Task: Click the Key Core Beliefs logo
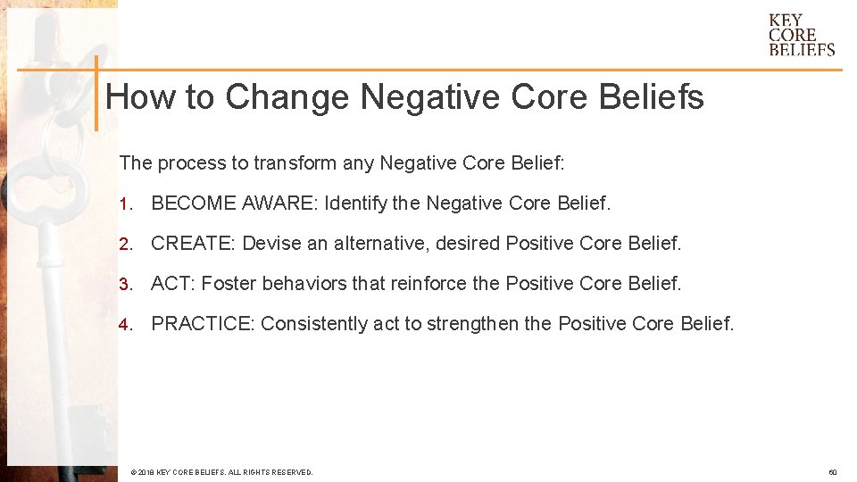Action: coord(802,35)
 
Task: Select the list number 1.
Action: coord(125,204)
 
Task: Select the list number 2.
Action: coord(125,243)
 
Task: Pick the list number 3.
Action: coord(125,284)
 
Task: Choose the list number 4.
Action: coord(125,323)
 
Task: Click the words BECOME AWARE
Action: coord(233,204)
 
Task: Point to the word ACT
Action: coord(171,284)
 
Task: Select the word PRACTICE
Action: coord(203,323)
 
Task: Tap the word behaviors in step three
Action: coord(301,284)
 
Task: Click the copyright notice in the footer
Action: coord(221,472)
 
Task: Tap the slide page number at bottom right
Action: coord(832,472)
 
